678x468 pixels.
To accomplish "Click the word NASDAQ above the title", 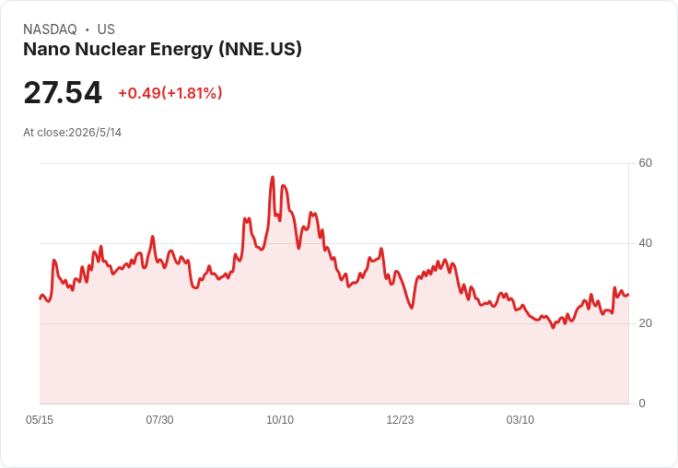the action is (50, 29).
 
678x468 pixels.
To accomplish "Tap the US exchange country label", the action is (106, 29).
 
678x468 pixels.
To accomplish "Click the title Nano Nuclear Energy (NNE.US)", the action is (162, 49).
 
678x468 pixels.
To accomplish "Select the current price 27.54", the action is (63, 93).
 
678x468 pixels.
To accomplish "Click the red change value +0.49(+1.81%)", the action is (169, 93).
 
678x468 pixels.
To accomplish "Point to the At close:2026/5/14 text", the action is (72, 133).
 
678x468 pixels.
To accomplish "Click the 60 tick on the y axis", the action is (645, 163).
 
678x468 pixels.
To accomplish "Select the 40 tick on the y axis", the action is (645, 243).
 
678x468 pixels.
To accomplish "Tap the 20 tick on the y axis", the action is (645, 323).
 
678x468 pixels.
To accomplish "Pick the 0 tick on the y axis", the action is (642, 404).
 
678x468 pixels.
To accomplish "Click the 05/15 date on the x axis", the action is (40, 419).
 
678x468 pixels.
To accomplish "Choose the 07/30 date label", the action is (159, 419).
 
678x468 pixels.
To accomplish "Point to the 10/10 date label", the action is (280, 419).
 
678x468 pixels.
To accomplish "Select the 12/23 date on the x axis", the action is (400, 419).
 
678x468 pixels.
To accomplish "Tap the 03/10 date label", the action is (520, 419).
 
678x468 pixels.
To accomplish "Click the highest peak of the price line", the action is (273, 177).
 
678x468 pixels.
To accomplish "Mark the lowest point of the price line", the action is (553, 327).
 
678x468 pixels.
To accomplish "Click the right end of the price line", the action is (628, 295).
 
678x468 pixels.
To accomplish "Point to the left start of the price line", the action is (41, 298).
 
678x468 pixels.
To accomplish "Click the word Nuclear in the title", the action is (110, 49).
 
